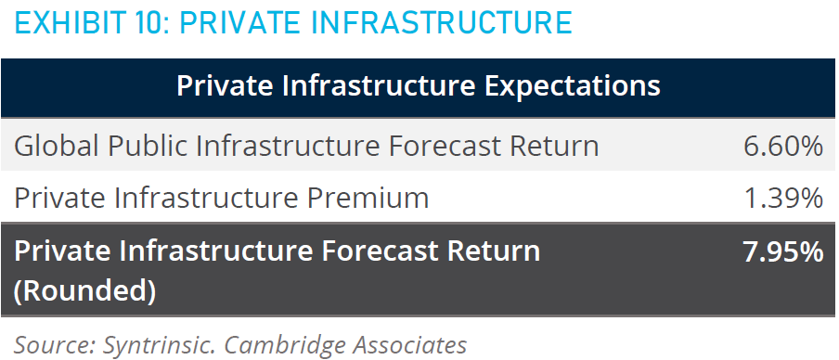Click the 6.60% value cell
coord(783,146)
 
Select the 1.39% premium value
coord(783,198)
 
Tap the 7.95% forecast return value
coord(783,252)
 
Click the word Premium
coord(368,198)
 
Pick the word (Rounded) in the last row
coord(84,291)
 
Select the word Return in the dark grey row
coord(500,252)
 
